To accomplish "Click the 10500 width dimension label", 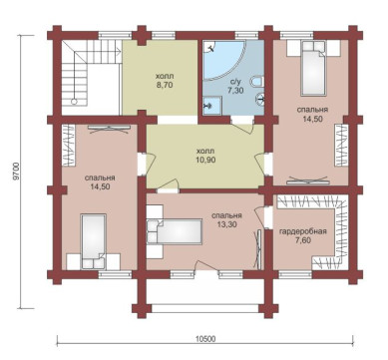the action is [205, 339].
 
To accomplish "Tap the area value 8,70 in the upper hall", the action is [165, 85].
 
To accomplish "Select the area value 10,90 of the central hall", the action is [205, 160].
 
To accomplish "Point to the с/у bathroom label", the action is [235, 82].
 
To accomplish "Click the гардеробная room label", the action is [303, 231].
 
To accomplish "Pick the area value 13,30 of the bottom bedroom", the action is [227, 224].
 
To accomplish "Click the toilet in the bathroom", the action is [258, 81].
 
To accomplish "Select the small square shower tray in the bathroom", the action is [212, 106].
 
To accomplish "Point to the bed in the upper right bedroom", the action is [312, 68].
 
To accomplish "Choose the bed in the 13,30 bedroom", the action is [175, 231].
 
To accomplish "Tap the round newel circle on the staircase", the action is [75, 102].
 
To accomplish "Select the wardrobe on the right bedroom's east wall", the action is [341, 146].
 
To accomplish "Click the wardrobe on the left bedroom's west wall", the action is [69, 145].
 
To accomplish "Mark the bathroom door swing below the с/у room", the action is [244, 127].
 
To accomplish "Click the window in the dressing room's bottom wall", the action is [295, 274].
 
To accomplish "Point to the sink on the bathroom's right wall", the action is [260, 98].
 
